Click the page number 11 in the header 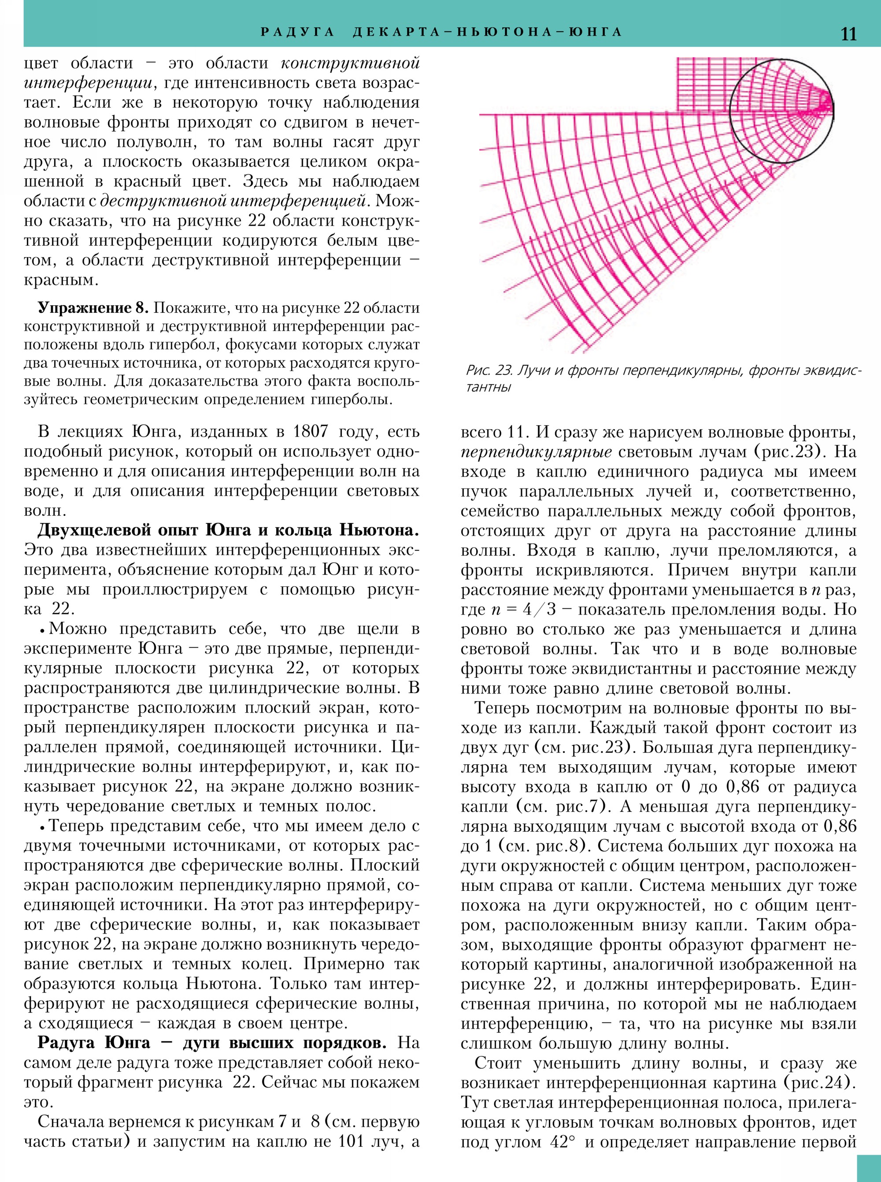(848, 33)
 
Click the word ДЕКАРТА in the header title (393, 32)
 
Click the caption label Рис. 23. (488, 370)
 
